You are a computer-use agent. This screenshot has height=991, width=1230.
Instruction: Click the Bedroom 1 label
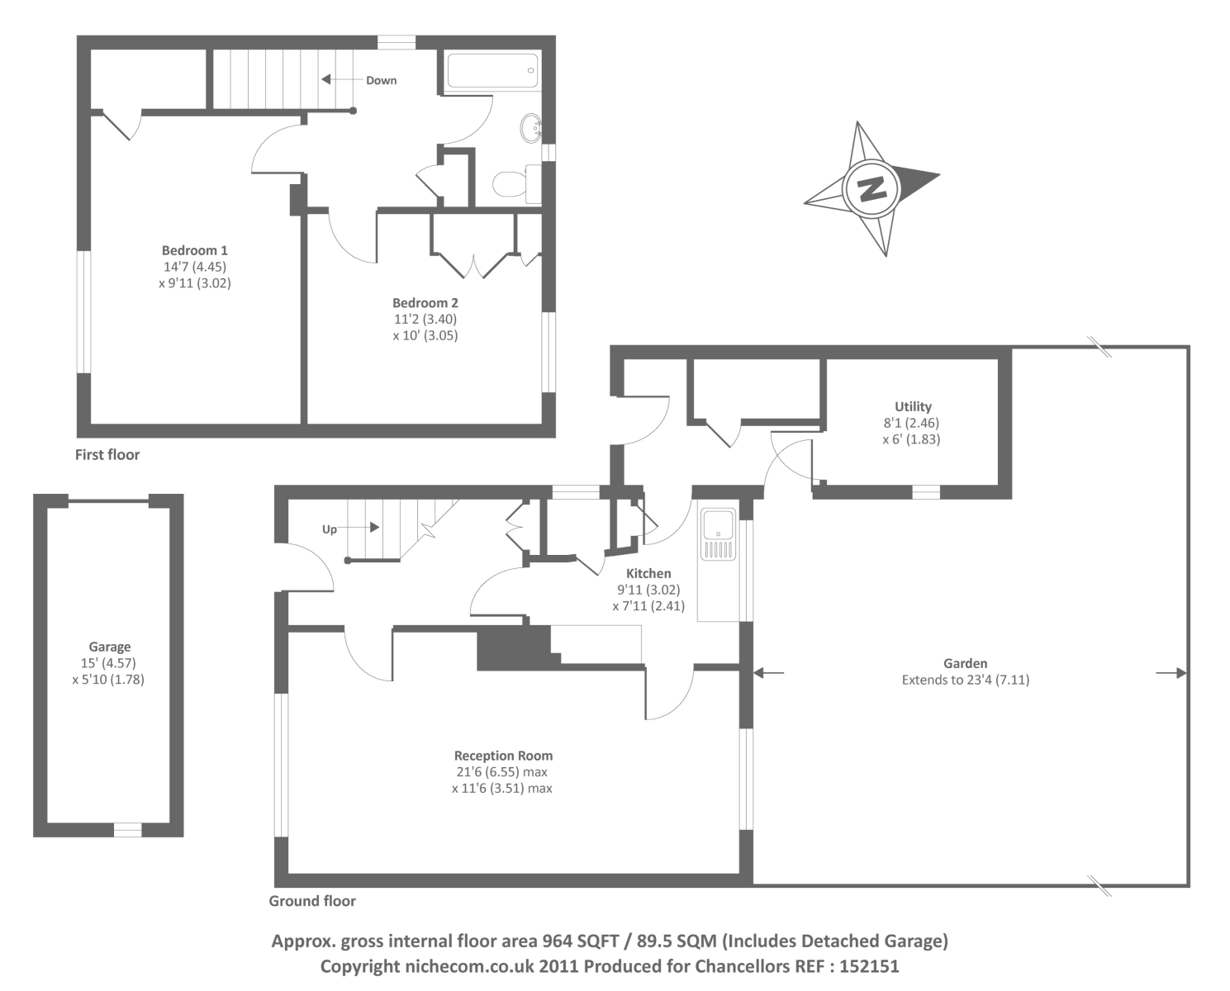pyautogui.click(x=194, y=250)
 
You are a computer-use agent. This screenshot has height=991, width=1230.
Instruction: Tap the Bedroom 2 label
pyautogui.click(x=425, y=303)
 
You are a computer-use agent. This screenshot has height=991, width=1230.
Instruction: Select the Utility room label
pyautogui.click(x=913, y=406)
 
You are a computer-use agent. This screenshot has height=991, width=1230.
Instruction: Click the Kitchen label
pyautogui.click(x=648, y=573)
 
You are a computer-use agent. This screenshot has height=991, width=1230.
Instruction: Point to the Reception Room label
pyautogui.click(x=503, y=756)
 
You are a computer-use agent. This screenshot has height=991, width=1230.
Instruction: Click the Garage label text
pyautogui.click(x=110, y=647)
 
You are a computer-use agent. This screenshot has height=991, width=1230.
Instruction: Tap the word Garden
pyautogui.click(x=965, y=663)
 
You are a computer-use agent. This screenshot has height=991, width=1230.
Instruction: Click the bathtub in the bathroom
pyautogui.click(x=493, y=71)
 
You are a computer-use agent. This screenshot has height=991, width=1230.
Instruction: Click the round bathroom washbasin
pyautogui.click(x=531, y=128)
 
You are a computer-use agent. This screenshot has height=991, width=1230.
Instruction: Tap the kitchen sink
pyautogui.click(x=718, y=524)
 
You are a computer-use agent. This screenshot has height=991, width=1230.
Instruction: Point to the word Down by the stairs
pyautogui.click(x=381, y=80)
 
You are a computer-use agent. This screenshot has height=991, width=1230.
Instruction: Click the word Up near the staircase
pyautogui.click(x=330, y=529)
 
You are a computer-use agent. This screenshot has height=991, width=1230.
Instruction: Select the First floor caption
pyautogui.click(x=107, y=454)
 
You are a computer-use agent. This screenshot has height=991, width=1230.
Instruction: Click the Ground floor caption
pyautogui.click(x=312, y=901)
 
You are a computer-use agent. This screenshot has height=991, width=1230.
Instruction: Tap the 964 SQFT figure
pyautogui.click(x=581, y=941)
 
